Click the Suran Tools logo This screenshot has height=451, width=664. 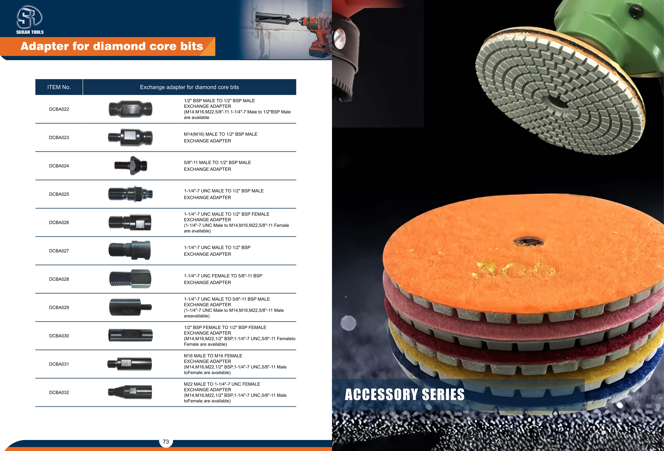click(x=30, y=20)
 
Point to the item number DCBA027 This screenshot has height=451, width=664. click(x=59, y=251)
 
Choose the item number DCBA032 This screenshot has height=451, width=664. click(x=59, y=392)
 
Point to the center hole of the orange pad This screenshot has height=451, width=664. click(x=529, y=242)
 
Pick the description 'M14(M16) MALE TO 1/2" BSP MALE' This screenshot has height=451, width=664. click(x=221, y=134)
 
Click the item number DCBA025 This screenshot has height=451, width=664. click(x=59, y=194)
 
